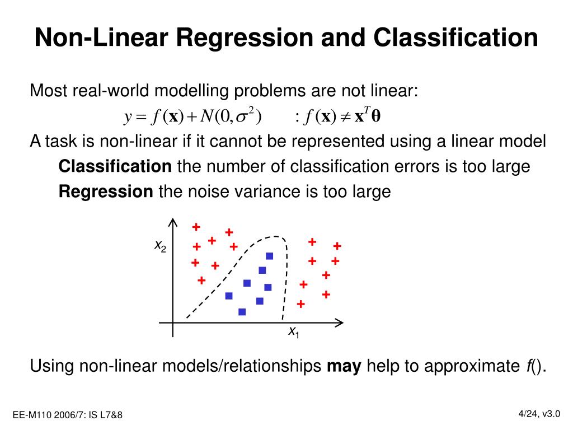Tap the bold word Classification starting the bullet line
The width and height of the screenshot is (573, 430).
click(x=115, y=166)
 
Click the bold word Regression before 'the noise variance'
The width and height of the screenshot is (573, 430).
click(x=106, y=192)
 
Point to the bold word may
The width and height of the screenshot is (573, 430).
click(x=344, y=366)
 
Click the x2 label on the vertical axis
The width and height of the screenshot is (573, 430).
click(x=160, y=246)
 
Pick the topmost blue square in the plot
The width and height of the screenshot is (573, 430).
click(x=269, y=256)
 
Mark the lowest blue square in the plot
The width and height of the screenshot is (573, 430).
click(x=242, y=312)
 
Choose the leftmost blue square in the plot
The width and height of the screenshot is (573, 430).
click(x=228, y=296)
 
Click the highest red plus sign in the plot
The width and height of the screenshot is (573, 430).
click(x=196, y=227)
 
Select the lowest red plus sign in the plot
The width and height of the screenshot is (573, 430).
click(x=300, y=304)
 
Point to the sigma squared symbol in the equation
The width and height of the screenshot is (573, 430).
click(x=245, y=116)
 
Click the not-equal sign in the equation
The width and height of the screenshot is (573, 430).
click(x=345, y=117)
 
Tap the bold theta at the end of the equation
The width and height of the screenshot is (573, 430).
click(x=375, y=117)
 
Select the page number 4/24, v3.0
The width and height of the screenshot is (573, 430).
click(x=539, y=413)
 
